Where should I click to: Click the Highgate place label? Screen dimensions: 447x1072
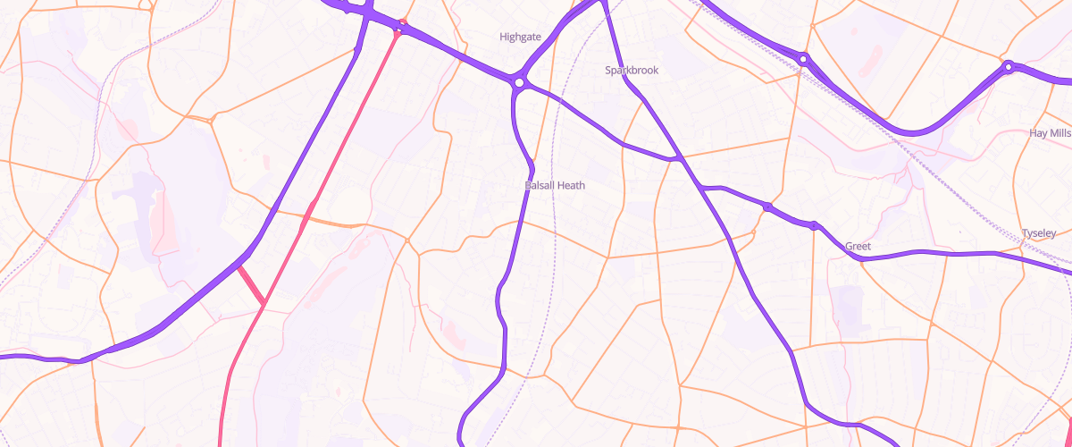[x=520, y=37]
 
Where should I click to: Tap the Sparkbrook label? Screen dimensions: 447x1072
[x=632, y=70]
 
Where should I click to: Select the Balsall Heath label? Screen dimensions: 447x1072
[x=555, y=186]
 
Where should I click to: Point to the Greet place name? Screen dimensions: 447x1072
[x=858, y=246]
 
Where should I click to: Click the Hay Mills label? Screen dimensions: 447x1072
[x=1050, y=132]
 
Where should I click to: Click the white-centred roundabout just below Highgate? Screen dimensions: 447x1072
[x=519, y=83]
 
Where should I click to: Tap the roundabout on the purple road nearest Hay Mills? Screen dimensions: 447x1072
[x=1008, y=65]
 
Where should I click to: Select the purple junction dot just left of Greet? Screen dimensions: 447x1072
[x=813, y=226]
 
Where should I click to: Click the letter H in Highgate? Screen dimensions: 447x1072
[x=503, y=37]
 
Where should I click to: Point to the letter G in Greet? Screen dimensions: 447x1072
[x=848, y=246]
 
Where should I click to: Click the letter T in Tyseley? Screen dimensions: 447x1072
[x=1025, y=233]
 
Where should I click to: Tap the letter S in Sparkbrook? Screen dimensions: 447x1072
[x=607, y=70]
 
